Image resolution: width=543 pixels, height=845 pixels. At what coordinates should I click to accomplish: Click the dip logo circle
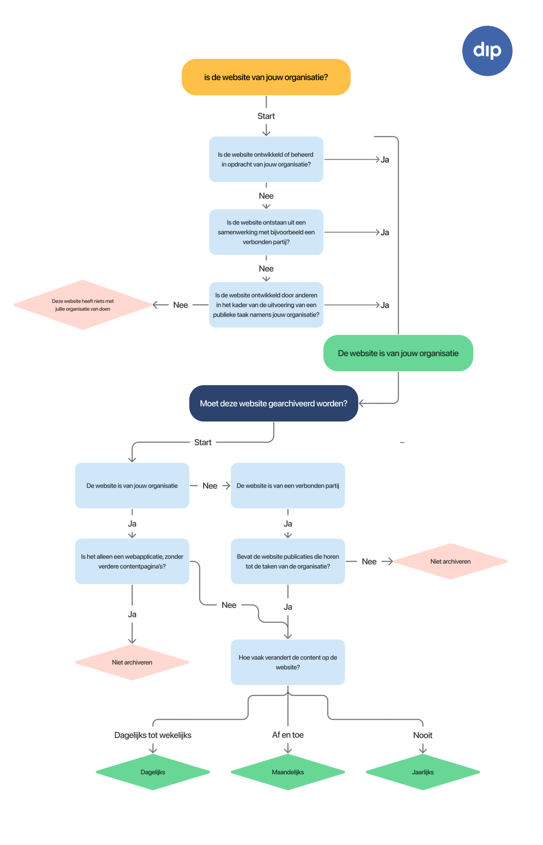487,51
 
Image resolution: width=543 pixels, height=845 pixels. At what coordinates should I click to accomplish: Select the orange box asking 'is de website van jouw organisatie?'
266,77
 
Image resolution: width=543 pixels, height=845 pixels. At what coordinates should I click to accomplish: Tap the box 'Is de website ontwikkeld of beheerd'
266,159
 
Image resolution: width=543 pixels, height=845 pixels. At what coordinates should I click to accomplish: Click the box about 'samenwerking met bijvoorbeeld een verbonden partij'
266,232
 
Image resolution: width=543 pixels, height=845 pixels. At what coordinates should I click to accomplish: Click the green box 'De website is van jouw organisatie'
398,353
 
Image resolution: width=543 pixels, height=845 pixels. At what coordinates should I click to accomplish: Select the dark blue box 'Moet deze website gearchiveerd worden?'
273,403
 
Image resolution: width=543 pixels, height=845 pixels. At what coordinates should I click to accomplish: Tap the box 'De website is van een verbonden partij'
288,485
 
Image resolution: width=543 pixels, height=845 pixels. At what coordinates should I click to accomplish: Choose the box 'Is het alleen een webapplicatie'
132,561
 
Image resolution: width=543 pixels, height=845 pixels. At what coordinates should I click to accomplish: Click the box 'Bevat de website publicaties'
288,561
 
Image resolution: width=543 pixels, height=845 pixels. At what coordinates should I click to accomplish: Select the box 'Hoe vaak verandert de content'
288,662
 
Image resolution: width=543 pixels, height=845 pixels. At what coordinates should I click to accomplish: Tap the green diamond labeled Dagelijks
153,772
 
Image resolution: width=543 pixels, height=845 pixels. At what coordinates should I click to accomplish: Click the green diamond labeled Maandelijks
288,772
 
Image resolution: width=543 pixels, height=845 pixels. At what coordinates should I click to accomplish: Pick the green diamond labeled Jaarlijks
423,772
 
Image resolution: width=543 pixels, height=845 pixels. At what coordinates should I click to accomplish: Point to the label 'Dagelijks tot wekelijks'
153,735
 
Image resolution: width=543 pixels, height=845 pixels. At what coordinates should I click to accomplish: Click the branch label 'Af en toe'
288,734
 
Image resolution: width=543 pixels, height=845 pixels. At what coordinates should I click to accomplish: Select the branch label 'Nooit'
423,735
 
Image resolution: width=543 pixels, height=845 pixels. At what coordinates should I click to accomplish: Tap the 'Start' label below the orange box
266,116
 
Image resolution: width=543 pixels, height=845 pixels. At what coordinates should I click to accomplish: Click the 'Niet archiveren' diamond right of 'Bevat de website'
450,561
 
